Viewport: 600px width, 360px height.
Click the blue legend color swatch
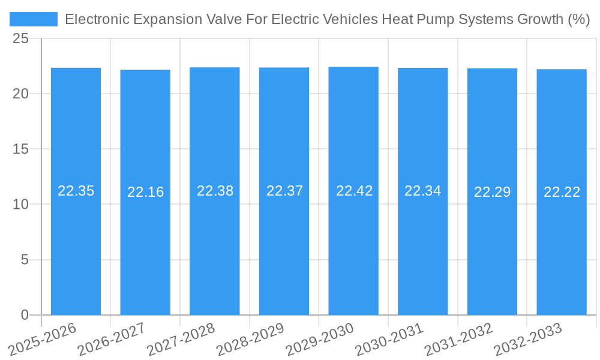34,19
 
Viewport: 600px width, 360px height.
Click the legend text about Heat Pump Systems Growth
327,19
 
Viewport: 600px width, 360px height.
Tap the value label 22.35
76,191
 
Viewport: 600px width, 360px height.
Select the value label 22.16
145,192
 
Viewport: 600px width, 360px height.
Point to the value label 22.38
215,191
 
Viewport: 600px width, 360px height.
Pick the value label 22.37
284,191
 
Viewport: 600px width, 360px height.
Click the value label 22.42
354,191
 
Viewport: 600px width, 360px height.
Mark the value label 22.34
422,191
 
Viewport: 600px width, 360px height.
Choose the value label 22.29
492,192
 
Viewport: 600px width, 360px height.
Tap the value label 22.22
562,192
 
